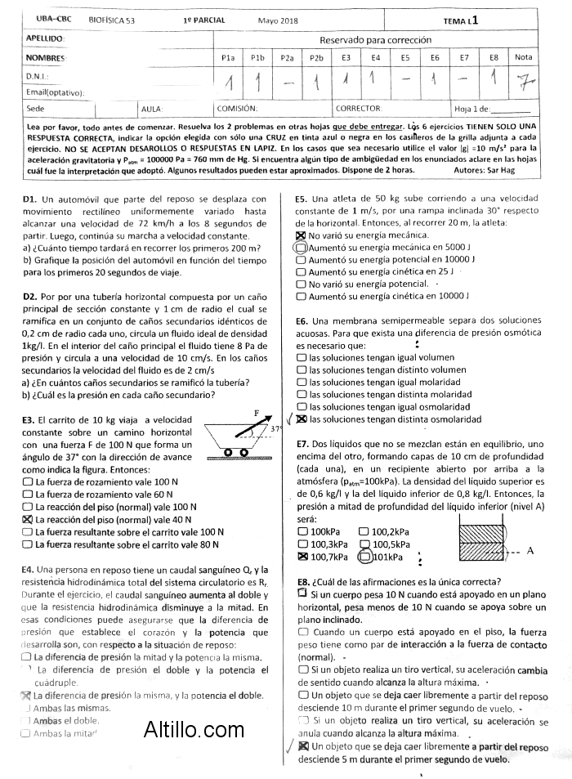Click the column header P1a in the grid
[x=228, y=58]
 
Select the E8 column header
[x=494, y=58]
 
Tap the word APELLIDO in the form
[x=45, y=38]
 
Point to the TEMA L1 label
[x=461, y=20]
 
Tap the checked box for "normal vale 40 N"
[x=28, y=519]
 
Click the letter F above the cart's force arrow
[x=257, y=414]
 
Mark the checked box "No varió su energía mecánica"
[x=301, y=235]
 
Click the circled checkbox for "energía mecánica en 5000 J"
[x=301, y=247]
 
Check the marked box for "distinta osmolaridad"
[x=302, y=419]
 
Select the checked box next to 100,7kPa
[x=303, y=557]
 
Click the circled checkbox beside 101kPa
[x=364, y=557]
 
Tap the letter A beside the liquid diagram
[x=530, y=551]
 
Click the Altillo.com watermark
[x=194, y=729]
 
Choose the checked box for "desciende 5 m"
[x=304, y=746]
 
